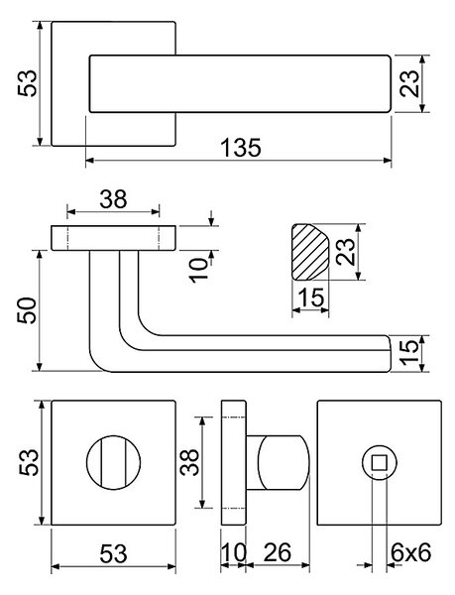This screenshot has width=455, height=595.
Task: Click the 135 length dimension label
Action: click(241, 148)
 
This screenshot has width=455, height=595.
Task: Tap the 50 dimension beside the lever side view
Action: click(28, 310)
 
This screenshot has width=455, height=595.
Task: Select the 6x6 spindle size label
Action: click(411, 552)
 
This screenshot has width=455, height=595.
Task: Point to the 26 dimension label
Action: click(278, 552)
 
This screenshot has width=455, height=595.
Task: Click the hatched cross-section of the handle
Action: click(309, 252)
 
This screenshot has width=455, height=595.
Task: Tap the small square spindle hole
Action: click(379, 463)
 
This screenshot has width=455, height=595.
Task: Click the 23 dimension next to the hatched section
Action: click(346, 252)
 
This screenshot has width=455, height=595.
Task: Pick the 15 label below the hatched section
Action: click(311, 297)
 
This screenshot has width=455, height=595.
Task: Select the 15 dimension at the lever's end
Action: click(410, 353)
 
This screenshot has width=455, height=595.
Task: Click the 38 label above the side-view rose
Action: click(113, 199)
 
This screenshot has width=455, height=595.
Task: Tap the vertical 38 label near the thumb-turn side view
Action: click(189, 462)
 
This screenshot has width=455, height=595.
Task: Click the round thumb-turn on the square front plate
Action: click(113, 462)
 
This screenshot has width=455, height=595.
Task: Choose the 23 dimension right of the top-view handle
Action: click(410, 83)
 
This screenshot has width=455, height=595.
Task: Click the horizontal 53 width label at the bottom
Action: click(113, 553)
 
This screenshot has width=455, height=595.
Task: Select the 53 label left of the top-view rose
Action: click(28, 83)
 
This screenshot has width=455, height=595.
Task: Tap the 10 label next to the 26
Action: click(234, 552)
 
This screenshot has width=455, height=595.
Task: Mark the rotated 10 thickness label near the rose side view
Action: click(200, 270)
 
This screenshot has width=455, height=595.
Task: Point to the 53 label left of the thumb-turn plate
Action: click(29, 462)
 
